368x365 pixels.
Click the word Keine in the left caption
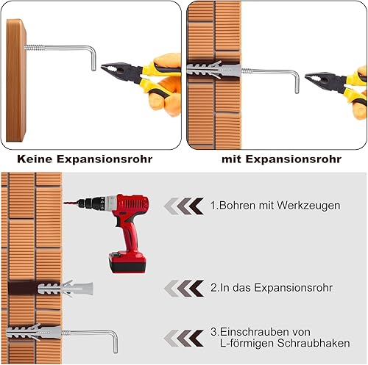[x=35, y=159]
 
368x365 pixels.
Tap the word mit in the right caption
[x=232, y=159]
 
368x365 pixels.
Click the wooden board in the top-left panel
[x=16, y=80]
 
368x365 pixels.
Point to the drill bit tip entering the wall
[x=64, y=203]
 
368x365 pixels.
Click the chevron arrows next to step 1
[x=184, y=206]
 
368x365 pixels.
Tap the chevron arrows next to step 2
[x=184, y=289]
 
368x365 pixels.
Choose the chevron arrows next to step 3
[x=184, y=338]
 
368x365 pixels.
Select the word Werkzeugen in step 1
[x=309, y=206]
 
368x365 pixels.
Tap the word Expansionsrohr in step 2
[x=293, y=288]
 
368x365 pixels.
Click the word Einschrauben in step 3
[x=254, y=332]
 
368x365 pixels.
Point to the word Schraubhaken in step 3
[x=314, y=343]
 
